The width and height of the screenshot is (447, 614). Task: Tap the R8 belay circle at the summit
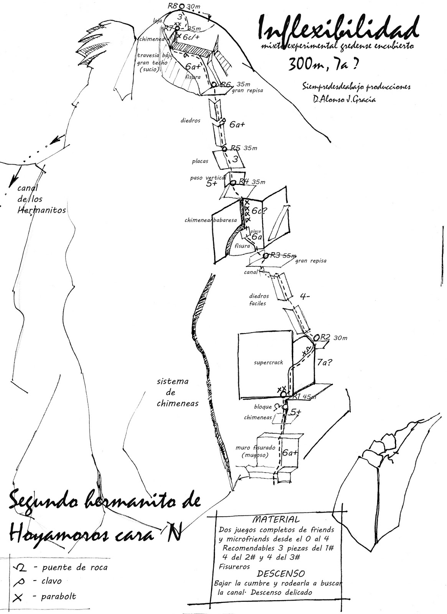pos(182,6)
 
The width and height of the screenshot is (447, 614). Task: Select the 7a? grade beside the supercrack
pos(325,361)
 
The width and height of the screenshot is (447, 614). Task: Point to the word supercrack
pos(269,363)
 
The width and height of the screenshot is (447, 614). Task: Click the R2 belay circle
pos(317,338)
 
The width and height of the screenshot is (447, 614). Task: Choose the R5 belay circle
pos(225,149)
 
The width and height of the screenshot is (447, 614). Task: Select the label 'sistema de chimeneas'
pos(177,392)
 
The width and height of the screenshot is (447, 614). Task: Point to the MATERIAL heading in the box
pos(275,520)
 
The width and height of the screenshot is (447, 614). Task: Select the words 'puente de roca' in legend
pos(75,568)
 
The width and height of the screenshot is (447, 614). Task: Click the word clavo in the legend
pos(52,581)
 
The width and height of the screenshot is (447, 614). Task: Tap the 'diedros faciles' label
pos(259,299)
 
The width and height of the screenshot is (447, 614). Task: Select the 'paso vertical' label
pos(207,178)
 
